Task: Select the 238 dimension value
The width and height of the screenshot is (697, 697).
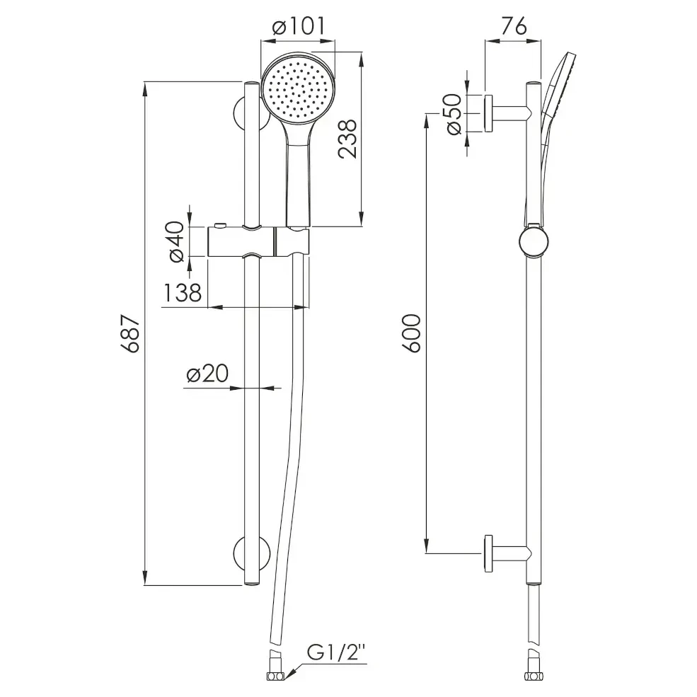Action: [347, 138]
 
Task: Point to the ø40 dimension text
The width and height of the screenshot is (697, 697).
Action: [177, 241]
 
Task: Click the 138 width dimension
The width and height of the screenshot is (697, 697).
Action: [183, 292]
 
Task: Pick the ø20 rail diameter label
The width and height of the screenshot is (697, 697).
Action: [207, 374]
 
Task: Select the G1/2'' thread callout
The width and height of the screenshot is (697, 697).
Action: [336, 653]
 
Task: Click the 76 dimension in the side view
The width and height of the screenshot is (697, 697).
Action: [514, 26]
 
